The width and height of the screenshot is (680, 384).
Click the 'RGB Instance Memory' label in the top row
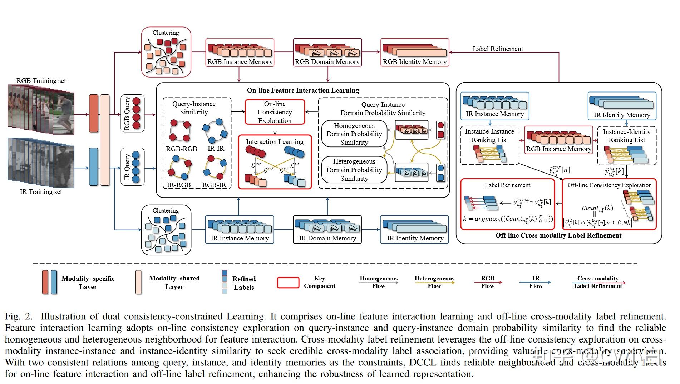coord(240,62)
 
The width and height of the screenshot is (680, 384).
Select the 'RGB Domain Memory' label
coord(327,62)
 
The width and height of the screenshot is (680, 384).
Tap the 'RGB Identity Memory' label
coord(415,62)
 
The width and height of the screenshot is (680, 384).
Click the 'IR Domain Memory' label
coord(327,238)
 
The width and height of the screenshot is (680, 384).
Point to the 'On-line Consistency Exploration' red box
coord(275,112)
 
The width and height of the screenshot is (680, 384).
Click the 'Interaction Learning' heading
coord(275,142)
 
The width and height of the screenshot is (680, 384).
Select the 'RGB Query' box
coord(132,113)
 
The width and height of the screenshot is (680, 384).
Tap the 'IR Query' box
coord(132,167)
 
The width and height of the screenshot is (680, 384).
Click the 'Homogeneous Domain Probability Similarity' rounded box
coord(354,134)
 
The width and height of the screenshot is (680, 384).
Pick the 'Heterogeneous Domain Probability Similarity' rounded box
coord(354,170)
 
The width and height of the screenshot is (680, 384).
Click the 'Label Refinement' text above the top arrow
coord(498,49)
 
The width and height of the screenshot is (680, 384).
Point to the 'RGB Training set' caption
coord(41,81)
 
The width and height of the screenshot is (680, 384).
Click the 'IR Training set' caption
coord(41,192)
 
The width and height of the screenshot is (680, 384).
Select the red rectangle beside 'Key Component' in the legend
coord(288,283)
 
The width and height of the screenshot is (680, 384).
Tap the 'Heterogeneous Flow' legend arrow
coord(434,283)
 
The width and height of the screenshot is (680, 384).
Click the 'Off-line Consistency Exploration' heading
coord(610,185)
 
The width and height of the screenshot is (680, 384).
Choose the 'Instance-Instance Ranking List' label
coord(489,136)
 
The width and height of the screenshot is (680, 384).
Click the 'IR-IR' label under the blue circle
coord(216,149)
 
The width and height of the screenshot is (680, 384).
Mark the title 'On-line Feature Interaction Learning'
coord(303,90)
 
